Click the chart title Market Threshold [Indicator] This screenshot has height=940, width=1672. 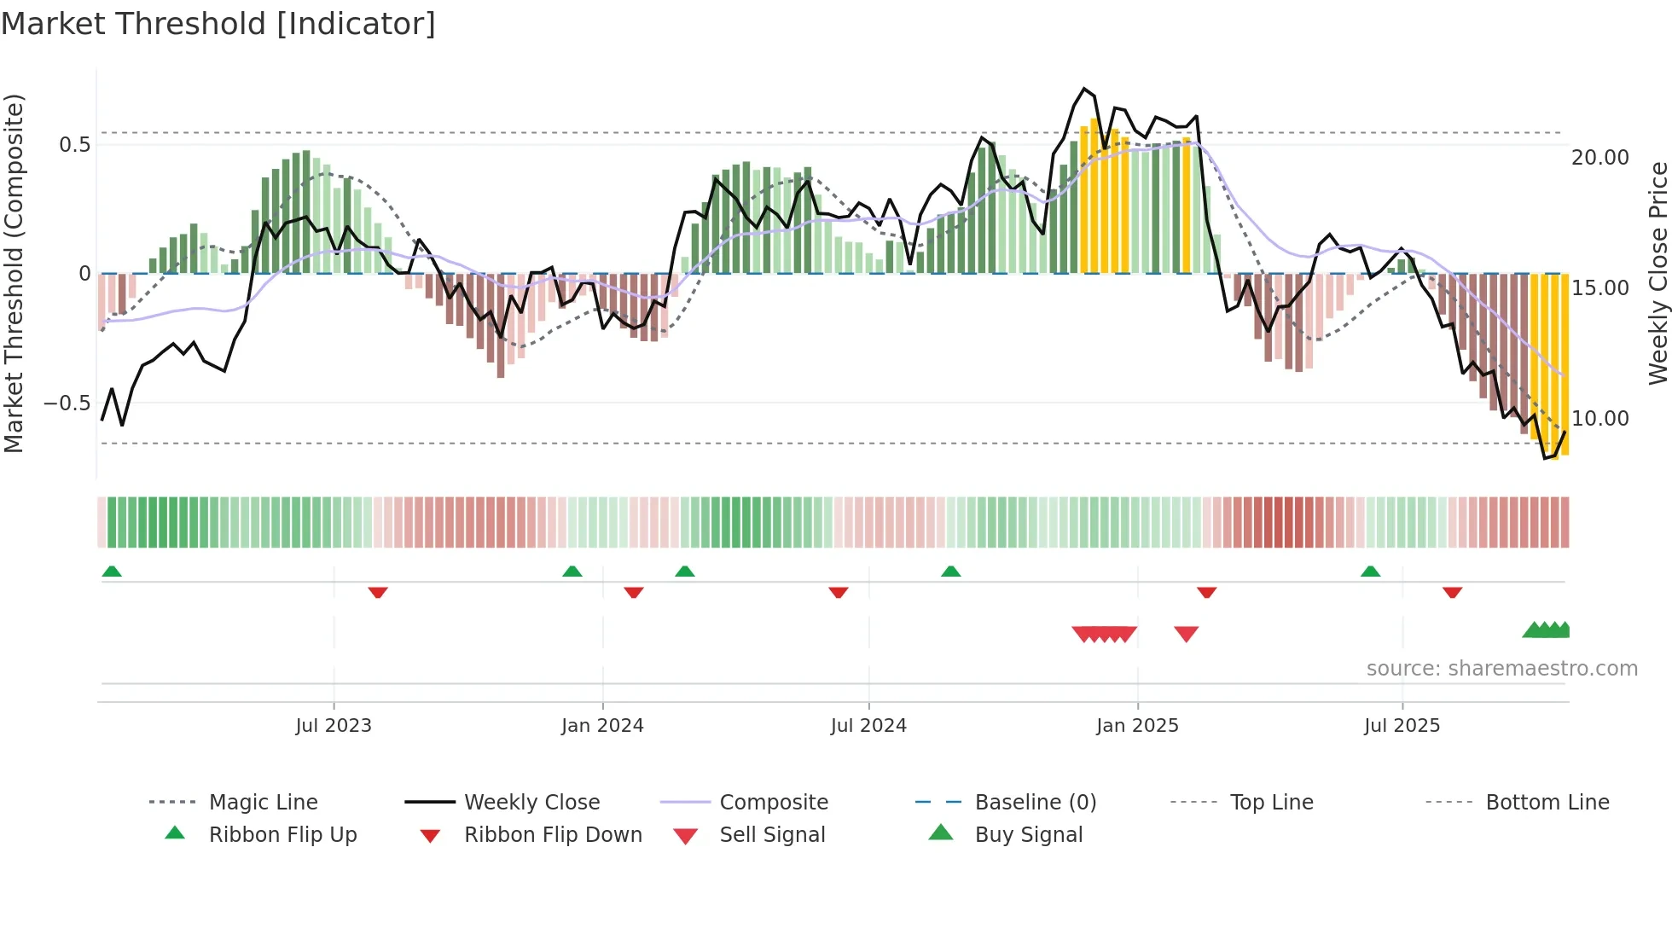[218, 24]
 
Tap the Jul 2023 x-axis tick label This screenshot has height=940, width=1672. [334, 726]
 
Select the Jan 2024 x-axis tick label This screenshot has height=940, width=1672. [602, 726]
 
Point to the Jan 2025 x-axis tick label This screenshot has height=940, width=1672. [1137, 726]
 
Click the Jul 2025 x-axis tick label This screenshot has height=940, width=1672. [1402, 726]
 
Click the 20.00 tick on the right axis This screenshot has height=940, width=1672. [1599, 158]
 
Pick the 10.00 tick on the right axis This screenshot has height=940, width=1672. [1599, 419]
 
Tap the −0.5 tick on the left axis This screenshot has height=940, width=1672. [67, 403]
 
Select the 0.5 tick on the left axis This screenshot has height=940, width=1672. [74, 145]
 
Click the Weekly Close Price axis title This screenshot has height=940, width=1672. [1657, 273]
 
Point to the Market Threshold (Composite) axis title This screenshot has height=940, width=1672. [14, 273]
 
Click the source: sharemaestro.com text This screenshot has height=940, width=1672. [1501, 669]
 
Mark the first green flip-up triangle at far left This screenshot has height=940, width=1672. [112, 572]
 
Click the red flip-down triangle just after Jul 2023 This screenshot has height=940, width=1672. [378, 592]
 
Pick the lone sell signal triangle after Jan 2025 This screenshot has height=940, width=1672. [1186, 634]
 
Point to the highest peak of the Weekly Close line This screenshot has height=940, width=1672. [1084, 89]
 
